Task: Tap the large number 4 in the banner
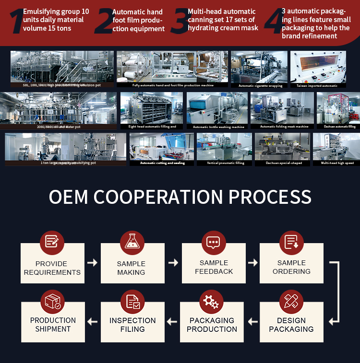(272, 21)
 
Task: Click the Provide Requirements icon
(52, 241)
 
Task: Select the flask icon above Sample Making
(132, 241)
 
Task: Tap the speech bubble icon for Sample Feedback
(213, 242)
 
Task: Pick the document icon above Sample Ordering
(291, 242)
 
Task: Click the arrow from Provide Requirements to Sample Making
(92, 263)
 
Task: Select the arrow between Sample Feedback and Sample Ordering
(252, 263)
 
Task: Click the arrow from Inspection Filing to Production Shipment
(92, 321)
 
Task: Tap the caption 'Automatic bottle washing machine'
(218, 127)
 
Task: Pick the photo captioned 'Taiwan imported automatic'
(318, 67)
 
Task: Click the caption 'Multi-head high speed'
(337, 163)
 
